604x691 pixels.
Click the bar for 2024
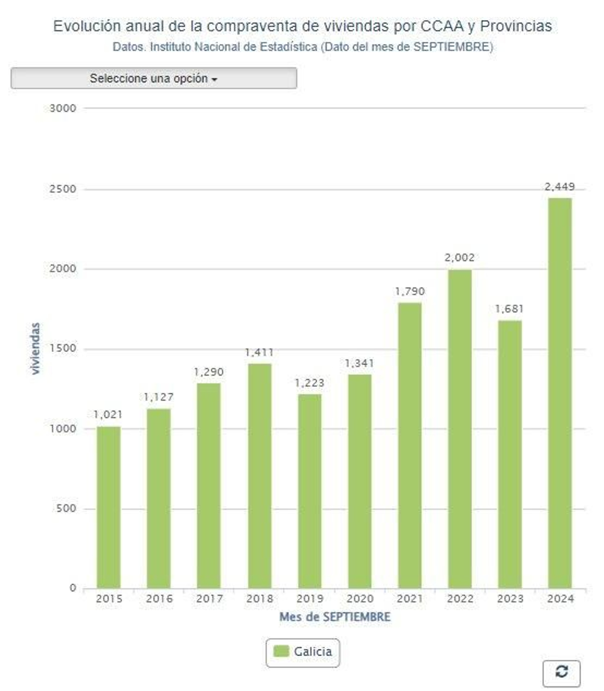pos(559,392)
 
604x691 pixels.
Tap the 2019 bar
pos(310,491)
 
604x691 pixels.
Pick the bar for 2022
pos(459,428)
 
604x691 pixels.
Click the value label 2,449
pos(559,186)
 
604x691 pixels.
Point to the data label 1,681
pos(509,309)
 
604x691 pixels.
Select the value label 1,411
pos(259,352)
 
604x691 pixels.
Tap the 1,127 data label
pos(159,397)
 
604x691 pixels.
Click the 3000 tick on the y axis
pos(63,108)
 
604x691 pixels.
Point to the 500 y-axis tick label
pos(66,508)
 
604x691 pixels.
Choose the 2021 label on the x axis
pos(410,599)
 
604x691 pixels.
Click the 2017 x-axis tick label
pos(209,599)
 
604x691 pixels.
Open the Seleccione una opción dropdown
pos(154,78)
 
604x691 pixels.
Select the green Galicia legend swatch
pos(281,651)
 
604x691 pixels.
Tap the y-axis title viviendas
pos(35,348)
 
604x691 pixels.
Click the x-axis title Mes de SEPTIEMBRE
pos(334,617)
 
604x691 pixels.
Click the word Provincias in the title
pos(516,26)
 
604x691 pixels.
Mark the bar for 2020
pos(359,481)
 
